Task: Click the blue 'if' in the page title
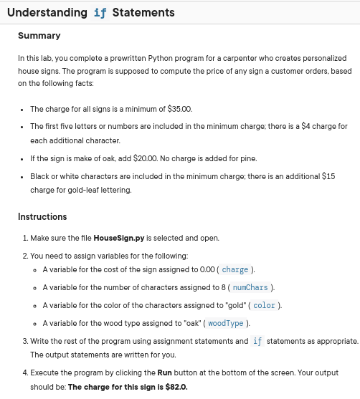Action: click(x=101, y=12)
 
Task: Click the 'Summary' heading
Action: click(x=39, y=36)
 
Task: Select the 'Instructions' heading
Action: click(x=42, y=216)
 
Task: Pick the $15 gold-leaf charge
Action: click(x=328, y=176)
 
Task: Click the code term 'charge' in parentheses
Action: click(x=235, y=270)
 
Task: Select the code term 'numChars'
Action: click(x=250, y=287)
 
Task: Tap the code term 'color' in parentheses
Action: click(x=264, y=305)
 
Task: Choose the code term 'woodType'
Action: click(x=227, y=323)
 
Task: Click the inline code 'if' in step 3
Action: click(x=258, y=341)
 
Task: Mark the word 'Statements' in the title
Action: click(x=143, y=12)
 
